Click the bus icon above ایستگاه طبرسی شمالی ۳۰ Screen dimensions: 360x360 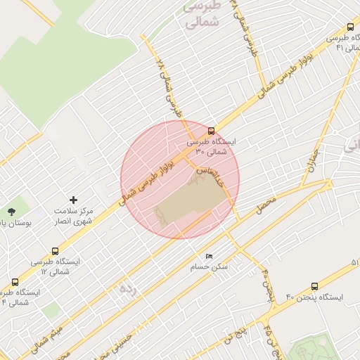click(211, 130)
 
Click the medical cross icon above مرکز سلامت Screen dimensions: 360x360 click(73, 200)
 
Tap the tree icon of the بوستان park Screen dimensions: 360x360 click(11, 211)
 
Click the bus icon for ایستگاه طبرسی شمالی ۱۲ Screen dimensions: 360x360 click(56, 250)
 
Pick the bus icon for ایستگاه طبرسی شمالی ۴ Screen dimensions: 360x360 click(15, 282)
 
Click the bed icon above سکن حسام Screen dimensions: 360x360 click(209, 256)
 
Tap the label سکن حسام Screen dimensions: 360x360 click(209, 267)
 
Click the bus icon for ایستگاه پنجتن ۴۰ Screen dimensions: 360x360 click(313, 286)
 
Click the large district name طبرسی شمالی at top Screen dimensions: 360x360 click(202, 14)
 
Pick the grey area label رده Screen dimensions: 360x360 click(127, 288)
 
